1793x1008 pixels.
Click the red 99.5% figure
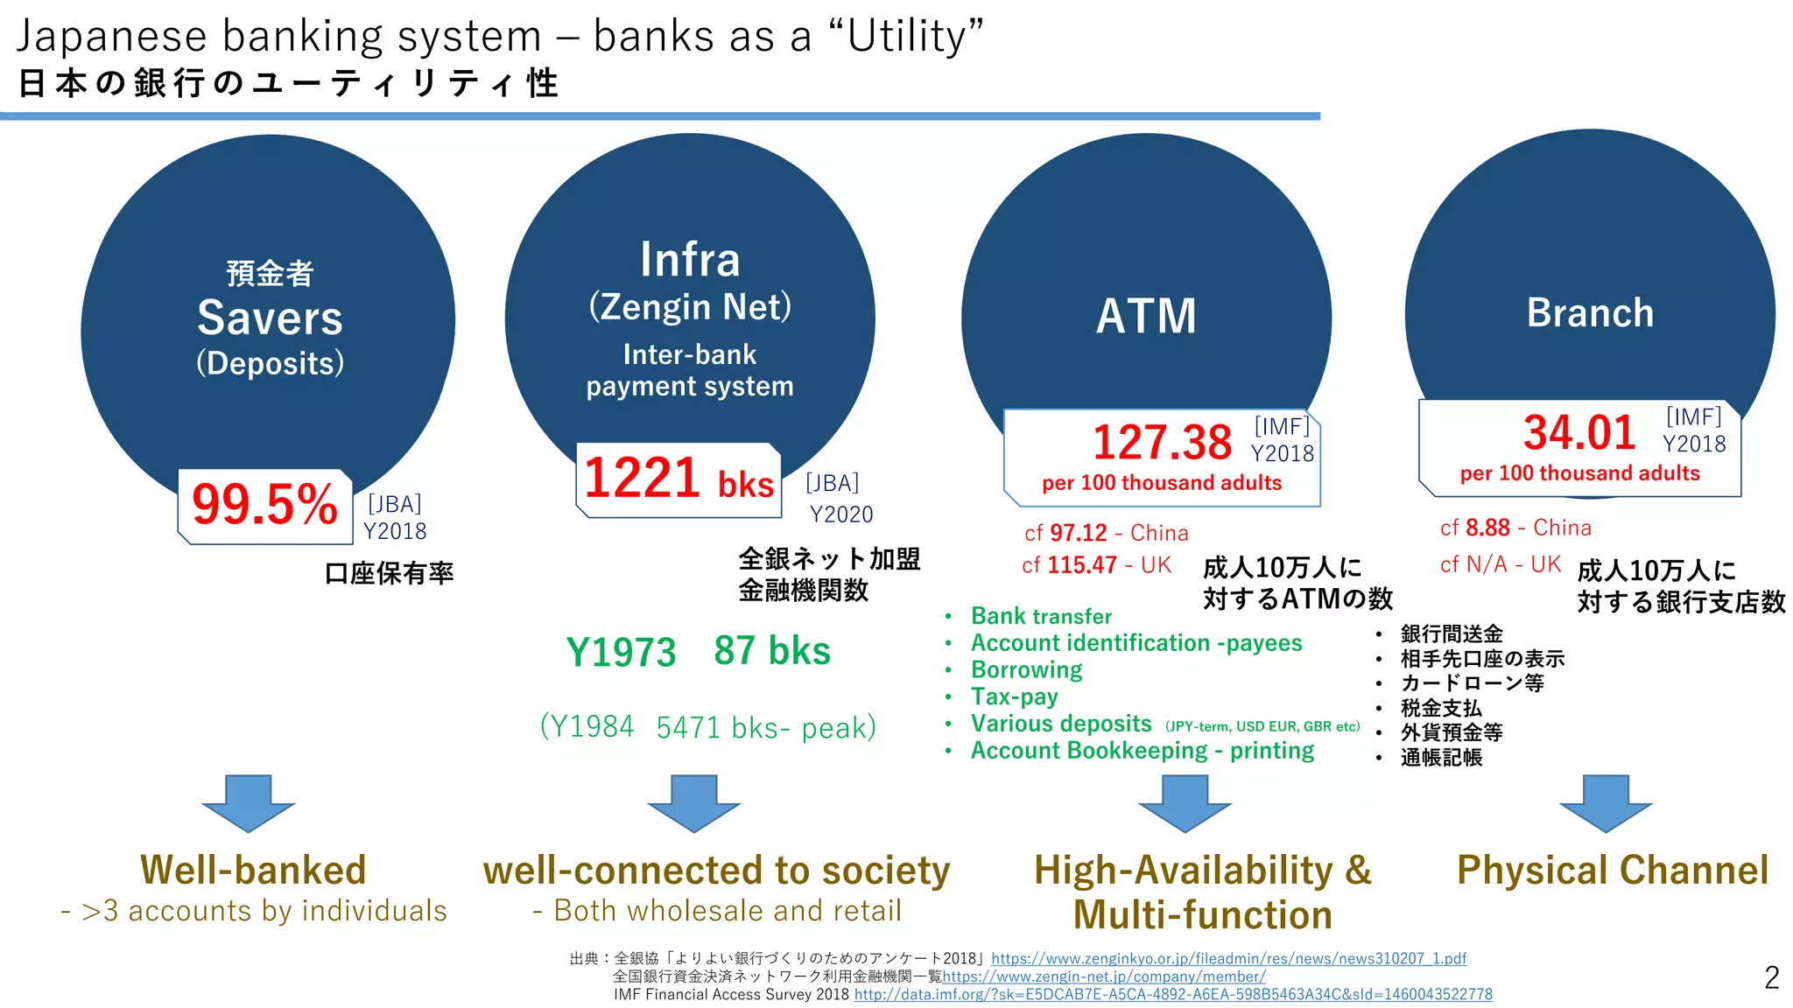point(264,505)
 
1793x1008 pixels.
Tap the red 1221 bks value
point(679,479)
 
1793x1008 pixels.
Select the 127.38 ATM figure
point(1162,442)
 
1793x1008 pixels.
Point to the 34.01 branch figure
point(1579,432)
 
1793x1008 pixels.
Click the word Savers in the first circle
point(270,318)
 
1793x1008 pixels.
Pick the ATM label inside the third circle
point(1146,316)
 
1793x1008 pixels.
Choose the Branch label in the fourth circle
point(1590,313)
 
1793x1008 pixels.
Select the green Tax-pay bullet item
point(1014,697)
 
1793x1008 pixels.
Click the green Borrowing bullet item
point(1026,670)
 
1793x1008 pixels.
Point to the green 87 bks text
point(771,651)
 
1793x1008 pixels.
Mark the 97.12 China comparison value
point(1078,533)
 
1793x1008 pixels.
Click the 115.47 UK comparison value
point(1081,565)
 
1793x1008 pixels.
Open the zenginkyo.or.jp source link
point(1228,959)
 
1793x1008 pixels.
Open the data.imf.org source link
point(1173,995)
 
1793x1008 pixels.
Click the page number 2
point(1771,977)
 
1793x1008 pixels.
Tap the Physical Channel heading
point(1613,871)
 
